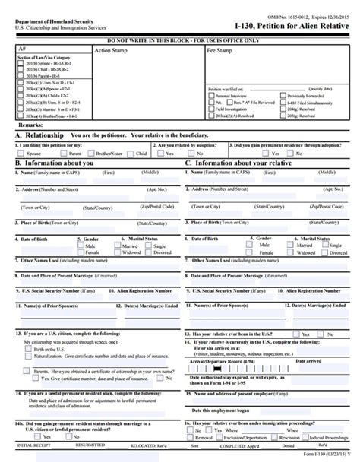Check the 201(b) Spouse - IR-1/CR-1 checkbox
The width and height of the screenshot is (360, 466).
click(21, 67)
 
